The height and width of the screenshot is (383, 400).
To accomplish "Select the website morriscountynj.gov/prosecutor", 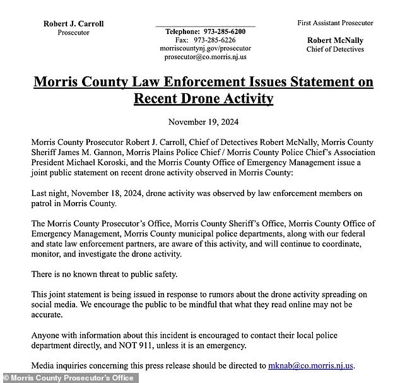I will [x=205, y=48].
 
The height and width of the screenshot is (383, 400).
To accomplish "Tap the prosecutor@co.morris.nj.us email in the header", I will [x=205, y=57].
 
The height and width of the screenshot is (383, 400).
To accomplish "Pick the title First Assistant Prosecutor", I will [x=335, y=23].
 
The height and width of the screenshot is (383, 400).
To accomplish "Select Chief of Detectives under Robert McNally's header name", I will [x=335, y=49].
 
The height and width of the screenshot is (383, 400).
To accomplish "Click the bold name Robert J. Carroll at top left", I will [x=73, y=24].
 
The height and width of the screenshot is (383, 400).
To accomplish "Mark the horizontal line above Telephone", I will [x=205, y=26].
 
